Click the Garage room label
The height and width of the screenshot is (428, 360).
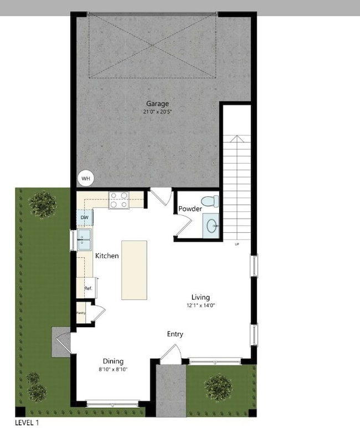pos(157,104)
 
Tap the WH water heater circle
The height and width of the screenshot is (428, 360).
pos(86,178)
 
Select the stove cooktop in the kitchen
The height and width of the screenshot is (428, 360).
pos(119,200)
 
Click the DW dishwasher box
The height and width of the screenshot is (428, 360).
pos(84,218)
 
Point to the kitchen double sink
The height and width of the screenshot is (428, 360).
pos(85,241)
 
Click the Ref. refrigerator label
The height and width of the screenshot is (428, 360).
pos(88,288)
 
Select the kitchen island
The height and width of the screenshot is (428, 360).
pos(134,270)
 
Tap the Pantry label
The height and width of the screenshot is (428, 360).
pos(81,313)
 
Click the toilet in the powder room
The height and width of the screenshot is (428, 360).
pos(210,200)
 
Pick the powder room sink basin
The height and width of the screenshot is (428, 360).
pos(212,225)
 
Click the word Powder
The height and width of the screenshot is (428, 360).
pos(190,209)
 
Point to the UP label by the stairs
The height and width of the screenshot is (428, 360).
pos(237,244)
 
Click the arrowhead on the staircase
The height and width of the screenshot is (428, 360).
pos(237,139)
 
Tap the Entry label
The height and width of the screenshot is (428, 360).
pos(175,334)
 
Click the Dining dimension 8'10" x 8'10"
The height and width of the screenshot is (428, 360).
pos(112,369)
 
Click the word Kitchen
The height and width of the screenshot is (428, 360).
pos(107,256)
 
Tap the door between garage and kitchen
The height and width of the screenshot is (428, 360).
pos(161,196)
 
